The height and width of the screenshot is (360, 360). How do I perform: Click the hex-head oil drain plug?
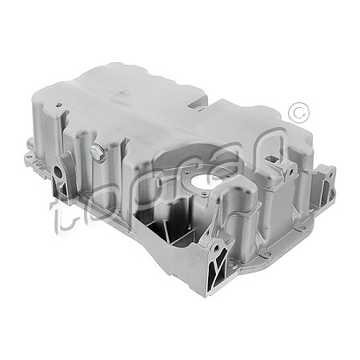(x=98, y=152)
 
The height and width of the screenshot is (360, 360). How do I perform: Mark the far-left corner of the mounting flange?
(x=27, y=157)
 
